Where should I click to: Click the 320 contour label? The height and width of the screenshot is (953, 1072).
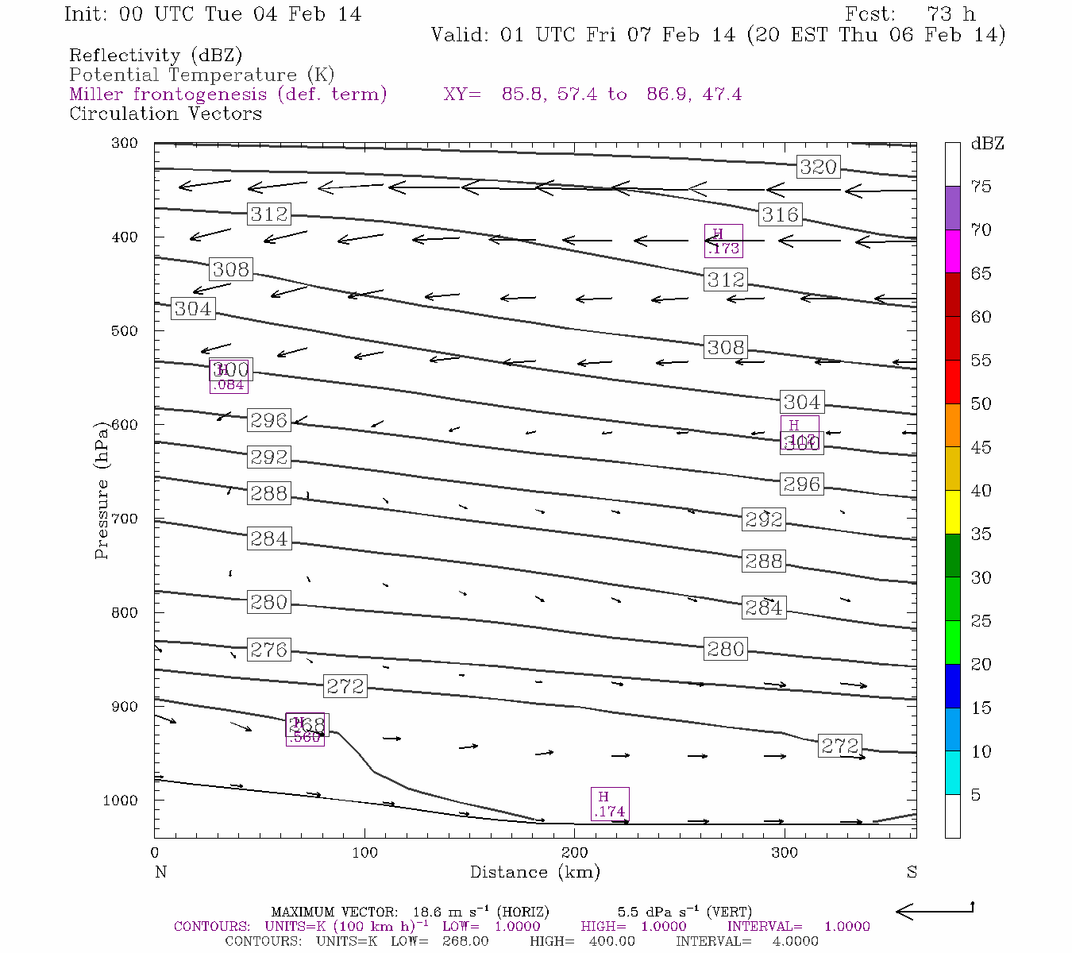818,167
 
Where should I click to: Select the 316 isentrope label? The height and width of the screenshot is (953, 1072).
780,214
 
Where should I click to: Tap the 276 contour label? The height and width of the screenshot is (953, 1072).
268,650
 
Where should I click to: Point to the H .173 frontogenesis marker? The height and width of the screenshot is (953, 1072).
723,241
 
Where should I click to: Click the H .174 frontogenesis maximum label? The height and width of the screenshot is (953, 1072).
610,804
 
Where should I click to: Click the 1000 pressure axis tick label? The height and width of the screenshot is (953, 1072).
120,801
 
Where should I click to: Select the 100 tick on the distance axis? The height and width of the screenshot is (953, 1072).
364,853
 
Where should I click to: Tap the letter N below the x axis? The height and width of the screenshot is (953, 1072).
160,872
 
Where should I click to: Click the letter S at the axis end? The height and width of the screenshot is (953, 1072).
912,872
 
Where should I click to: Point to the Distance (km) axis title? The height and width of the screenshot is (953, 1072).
534,872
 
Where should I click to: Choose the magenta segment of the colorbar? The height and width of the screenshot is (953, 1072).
952,251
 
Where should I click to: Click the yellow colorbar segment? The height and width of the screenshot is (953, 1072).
952,512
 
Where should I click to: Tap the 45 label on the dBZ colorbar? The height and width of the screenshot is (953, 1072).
981,447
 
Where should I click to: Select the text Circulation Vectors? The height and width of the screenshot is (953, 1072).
165,114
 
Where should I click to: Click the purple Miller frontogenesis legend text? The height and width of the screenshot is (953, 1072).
228,95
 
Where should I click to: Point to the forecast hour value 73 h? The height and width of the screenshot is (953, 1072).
951,14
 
